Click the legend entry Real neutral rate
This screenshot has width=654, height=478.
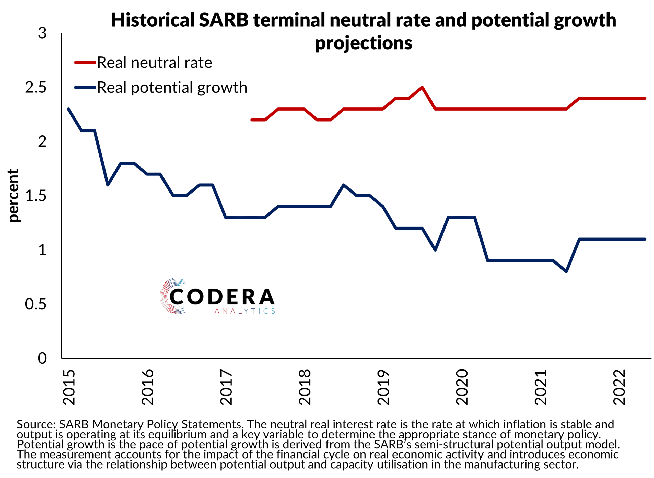tap(154, 63)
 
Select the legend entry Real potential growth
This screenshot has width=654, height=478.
tap(172, 87)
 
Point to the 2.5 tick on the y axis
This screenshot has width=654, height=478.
tap(36, 87)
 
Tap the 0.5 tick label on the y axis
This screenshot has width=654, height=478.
tap(36, 304)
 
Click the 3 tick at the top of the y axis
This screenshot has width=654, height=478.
tap(42, 33)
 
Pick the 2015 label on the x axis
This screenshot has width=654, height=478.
tap(69, 387)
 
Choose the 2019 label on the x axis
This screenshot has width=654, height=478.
tap(384, 387)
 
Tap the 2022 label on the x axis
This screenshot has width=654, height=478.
tap(620, 387)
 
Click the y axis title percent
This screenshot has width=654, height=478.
tap(13, 196)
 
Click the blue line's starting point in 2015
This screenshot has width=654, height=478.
tap(68, 109)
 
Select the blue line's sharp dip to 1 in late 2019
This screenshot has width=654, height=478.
tap(435, 250)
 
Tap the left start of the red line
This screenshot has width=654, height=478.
tap(252, 120)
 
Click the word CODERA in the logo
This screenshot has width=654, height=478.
tap(222, 297)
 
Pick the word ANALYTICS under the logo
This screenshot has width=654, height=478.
tap(245, 311)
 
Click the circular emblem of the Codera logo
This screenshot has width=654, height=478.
tap(172, 296)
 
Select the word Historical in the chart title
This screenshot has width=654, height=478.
tap(153, 20)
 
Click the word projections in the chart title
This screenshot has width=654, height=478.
tap(364, 43)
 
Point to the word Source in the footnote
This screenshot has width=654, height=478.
tap(36, 424)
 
